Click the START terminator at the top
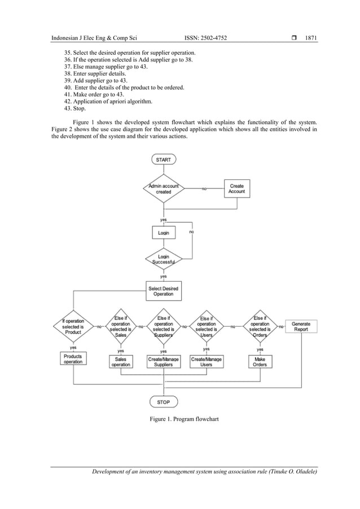164,160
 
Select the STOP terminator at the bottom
163,402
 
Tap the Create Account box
236,188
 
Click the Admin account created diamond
164,188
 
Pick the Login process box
163,232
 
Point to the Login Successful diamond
163,260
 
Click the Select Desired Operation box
163,291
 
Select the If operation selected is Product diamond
73,327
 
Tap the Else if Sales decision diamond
120,326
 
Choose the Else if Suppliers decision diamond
163,327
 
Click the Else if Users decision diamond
206,327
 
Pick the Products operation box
73,359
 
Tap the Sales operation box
120,361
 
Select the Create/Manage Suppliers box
163,361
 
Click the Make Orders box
260,361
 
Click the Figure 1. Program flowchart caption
180,419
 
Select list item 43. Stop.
75,109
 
